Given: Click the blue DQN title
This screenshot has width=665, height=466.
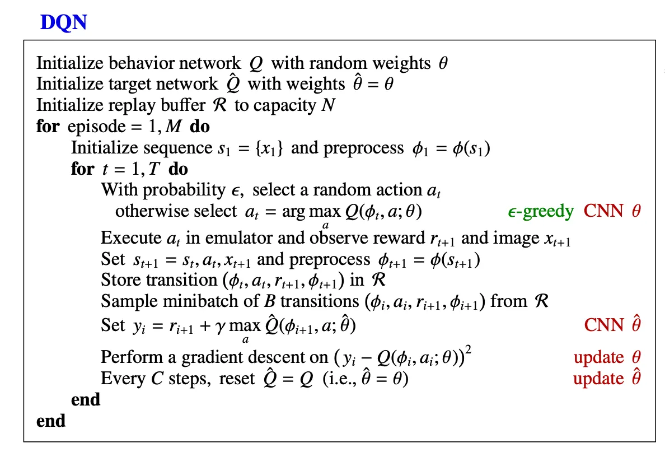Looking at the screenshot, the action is [x=64, y=22].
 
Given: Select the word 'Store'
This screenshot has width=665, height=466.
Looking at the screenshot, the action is [x=121, y=279].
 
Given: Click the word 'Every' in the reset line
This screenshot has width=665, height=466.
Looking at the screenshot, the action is [x=124, y=379].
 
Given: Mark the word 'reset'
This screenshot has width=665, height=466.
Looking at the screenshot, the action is [x=236, y=379].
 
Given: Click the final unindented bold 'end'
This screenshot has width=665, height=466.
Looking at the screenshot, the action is [x=50, y=421].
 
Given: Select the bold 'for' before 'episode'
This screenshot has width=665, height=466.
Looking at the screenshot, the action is [x=48, y=127].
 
